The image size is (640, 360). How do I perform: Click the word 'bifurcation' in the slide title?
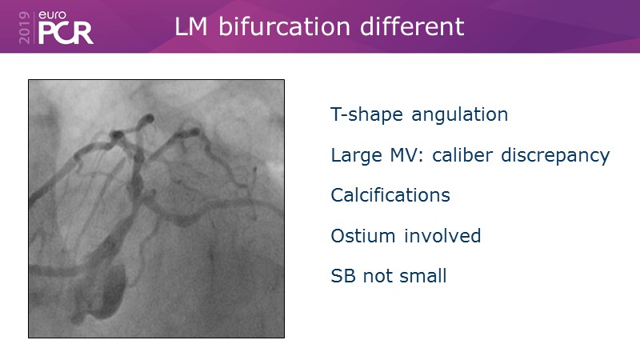coord(284,27)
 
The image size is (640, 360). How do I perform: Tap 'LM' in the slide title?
coord(190,27)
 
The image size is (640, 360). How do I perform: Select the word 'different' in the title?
coord(412,27)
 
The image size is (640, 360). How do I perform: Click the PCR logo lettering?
coord(66,33)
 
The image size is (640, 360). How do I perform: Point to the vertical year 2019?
coord(25,27)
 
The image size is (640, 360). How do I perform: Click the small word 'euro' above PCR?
coord(52,15)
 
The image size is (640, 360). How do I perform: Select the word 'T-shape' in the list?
coord(366,114)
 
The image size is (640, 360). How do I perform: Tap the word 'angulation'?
coord(459,114)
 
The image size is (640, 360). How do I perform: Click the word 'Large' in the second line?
coord(356,155)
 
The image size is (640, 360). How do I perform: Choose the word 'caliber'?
coord(462,155)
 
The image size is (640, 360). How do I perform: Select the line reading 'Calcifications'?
coord(390,195)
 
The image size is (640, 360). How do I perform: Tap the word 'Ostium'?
coord(363,236)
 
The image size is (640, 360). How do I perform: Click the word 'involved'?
coord(442,236)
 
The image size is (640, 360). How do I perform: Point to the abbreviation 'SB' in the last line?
coord(343,276)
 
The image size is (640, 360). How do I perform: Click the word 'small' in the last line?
coord(423,276)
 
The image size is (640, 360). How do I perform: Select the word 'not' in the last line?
coord(377,277)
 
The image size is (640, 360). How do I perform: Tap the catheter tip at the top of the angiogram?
coord(149,118)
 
